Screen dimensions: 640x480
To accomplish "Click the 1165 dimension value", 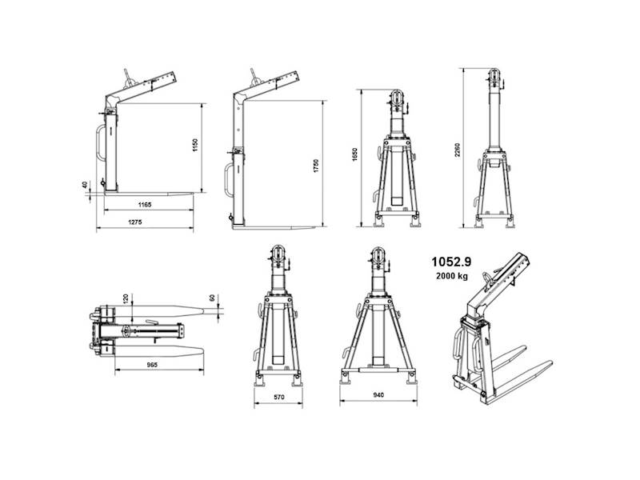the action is click(145, 205).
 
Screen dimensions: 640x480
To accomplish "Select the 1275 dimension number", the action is click(135, 222).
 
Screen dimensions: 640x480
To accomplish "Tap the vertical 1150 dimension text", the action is click(195, 146).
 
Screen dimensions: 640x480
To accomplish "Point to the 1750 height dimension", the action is click(316, 166).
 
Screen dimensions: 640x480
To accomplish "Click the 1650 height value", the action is click(354, 154).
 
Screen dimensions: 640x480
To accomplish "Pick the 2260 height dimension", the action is click(457, 150).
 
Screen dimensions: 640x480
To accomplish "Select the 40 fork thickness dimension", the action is click(85, 185).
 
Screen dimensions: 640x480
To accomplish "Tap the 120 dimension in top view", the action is click(126, 298).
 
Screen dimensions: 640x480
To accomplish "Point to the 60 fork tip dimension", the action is click(212, 298).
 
